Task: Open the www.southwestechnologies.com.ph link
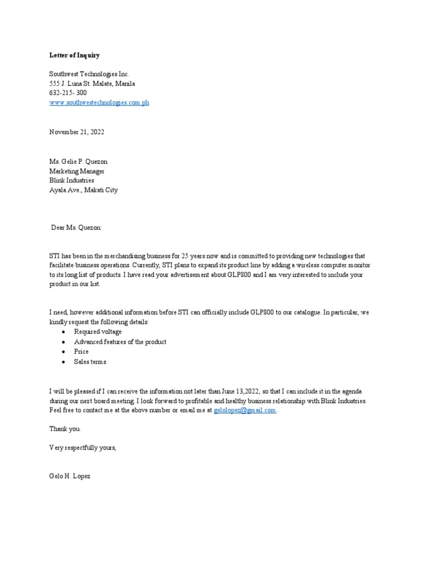point(99,103)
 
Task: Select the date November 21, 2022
point(76,133)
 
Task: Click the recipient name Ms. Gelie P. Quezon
point(79,161)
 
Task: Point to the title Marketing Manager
point(77,171)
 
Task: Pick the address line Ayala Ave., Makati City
point(83,190)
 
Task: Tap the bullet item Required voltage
point(98,332)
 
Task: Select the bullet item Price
point(81,352)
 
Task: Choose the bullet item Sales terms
point(90,362)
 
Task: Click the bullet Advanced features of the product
point(120,342)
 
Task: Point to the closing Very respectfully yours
point(82,448)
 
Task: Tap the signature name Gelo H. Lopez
point(70,476)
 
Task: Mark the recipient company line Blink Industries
point(71,180)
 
